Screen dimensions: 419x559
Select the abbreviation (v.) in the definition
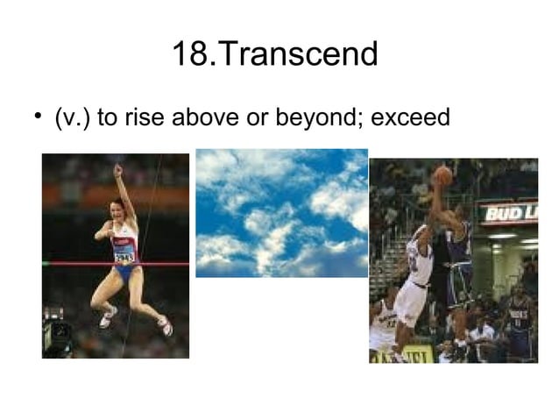[x=72, y=117]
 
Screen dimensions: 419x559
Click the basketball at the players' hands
[x=442, y=174]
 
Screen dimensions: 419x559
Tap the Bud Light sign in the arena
[x=507, y=213]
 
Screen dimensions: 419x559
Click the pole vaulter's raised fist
[x=118, y=169]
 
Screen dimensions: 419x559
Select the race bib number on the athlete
[x=124, y=257]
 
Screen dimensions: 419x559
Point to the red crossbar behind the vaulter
[x=70, y=263]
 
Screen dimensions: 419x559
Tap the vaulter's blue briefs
[x=125, y=273]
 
